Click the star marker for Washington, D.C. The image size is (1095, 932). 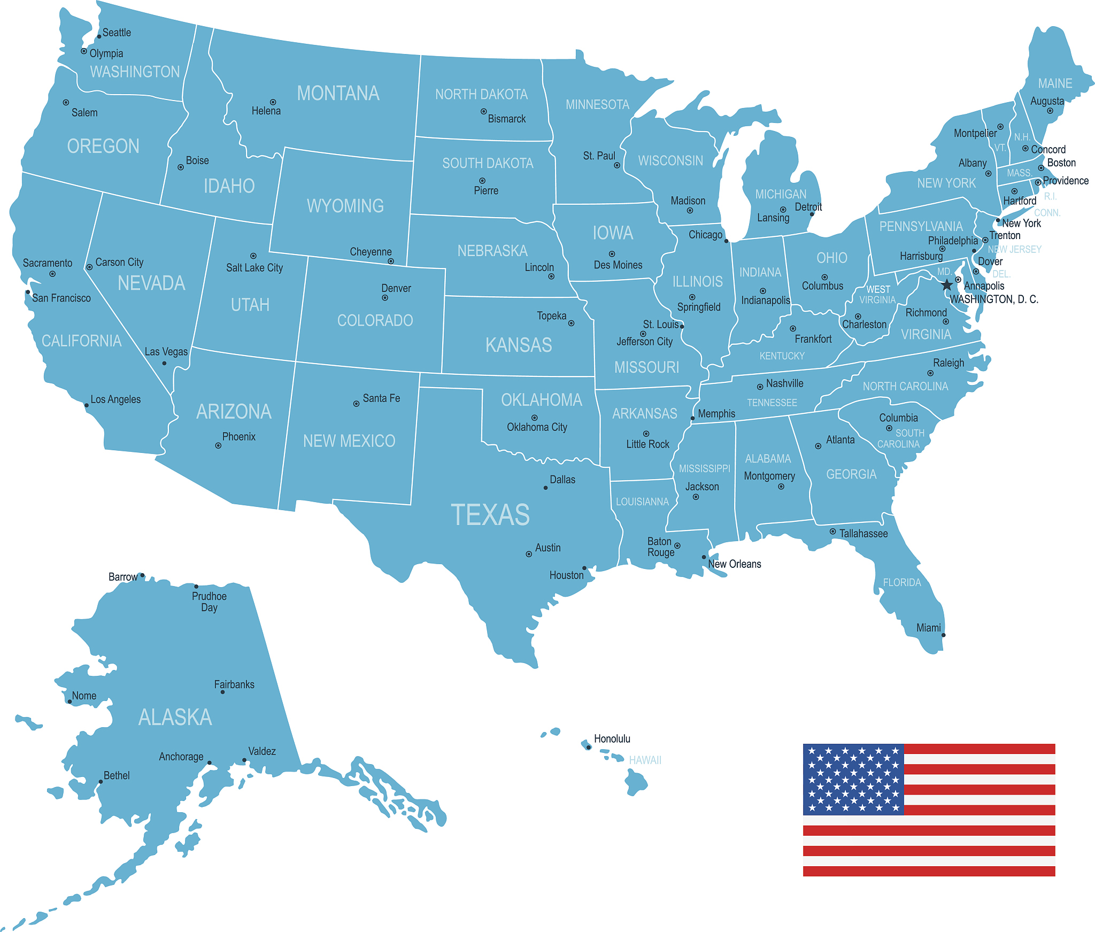point(947,284)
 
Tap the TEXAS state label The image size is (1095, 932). point(490,514)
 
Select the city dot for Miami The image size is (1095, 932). point(943,635)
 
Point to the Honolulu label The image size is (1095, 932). point(612,738)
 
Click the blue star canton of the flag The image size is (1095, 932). point(853,779)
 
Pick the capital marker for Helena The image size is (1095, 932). point(273,102)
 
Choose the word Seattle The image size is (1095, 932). point(117,33)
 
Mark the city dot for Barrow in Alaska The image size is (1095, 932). point(142,575)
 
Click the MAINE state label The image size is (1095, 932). point(1055,83)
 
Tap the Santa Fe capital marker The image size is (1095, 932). point(356,404)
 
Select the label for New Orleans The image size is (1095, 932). point(734,564)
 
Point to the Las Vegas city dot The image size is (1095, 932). point(164,363)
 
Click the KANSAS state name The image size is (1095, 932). point(519,345)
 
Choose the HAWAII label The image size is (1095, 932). point(645,760)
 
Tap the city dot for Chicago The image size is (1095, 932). point(726,241)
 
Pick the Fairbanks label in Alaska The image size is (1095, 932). point(234,684)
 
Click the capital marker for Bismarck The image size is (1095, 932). point(483,112)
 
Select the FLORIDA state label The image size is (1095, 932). point(902,582)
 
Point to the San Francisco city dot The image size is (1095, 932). point(28,292)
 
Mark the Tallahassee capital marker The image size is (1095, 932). point(832,531)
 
